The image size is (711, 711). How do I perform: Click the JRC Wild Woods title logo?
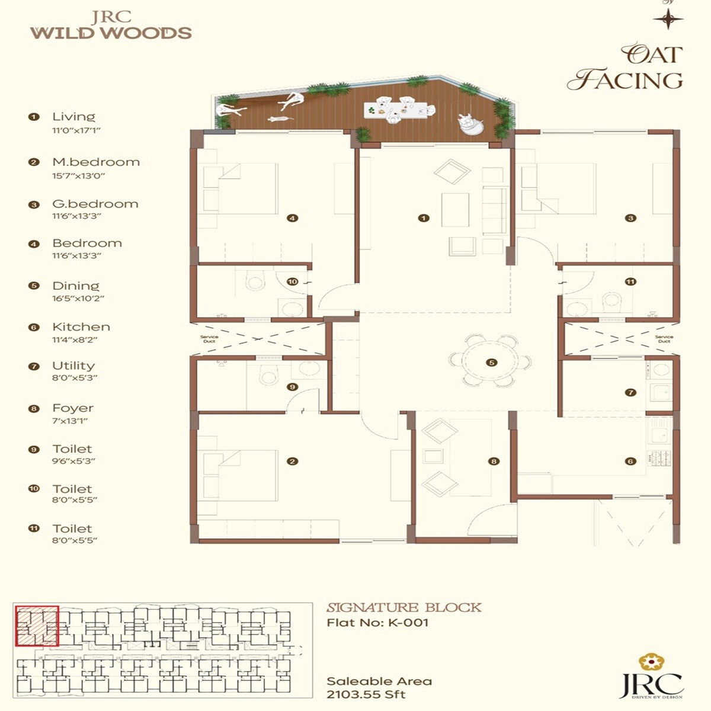pyautogui.click(x=111, y=25)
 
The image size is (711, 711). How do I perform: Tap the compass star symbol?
pyautogui.click(x=668, y=19)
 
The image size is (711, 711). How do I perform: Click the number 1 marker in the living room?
pyautogui.click(x=423, y=218)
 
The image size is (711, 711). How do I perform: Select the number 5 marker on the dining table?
pyautogui.click(x=491, y=363)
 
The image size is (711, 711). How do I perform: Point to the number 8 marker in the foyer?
pyautogui.click(x=494, y=461)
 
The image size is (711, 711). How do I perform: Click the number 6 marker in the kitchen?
pyautogui.click(x=630, y=461)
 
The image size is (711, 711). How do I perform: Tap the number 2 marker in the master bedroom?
pyautogui.click(x=292, y=461)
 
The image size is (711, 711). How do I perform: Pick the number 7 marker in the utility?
pyautogui.click(x=630, y=392)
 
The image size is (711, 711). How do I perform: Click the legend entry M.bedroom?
pyautogui.click(x=96, y=162)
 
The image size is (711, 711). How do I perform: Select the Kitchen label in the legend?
pyautogui.click(x=81, y=327)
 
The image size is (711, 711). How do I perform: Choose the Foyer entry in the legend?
pyautogui.click(x=73, y=408)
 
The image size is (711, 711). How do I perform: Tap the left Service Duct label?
pyautogui.click(x=209, y=339)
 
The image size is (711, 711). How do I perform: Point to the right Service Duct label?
pyautogui.click(x=664, y=339)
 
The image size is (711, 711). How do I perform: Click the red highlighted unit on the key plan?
pyautogui.click(x=37, y=626)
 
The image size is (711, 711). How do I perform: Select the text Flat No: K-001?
pyautogui.click(x=377, y=623)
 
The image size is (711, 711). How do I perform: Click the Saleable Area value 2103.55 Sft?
pyautogui.click(x=366, y=694)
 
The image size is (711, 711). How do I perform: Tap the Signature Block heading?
pyautogui.click(x=404, y=607)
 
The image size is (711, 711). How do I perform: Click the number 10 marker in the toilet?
pyautogui.click(x=292, y=282)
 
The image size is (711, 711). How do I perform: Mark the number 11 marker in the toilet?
pyautogui.click(x=630, y=282)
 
